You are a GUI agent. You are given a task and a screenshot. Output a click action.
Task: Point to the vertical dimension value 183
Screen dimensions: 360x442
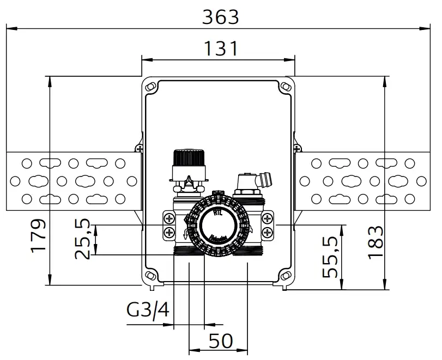pyautogui.click(x=376, y=242)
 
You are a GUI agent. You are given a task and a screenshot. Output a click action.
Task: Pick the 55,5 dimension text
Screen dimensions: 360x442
pyautogui.click(x=330, y=257)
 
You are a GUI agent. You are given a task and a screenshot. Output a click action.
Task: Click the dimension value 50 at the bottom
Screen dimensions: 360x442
pyautogui.click(x=221, y=340)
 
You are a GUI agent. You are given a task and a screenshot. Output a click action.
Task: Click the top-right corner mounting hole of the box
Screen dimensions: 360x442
pyautogui.click(x=285, y=86)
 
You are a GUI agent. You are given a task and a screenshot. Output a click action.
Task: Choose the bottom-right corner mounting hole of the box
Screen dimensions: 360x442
pyautogui.click(x=285, y=276)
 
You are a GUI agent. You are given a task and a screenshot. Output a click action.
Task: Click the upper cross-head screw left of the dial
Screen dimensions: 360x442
pyautogui.click(x=169, y=219)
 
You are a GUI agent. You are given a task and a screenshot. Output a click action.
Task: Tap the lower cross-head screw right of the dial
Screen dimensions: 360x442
pyautogui.click(x=267, y=233)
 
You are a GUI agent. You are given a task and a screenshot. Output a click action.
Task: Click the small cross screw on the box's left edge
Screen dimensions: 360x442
pyautogui.click(x=140, y=148)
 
